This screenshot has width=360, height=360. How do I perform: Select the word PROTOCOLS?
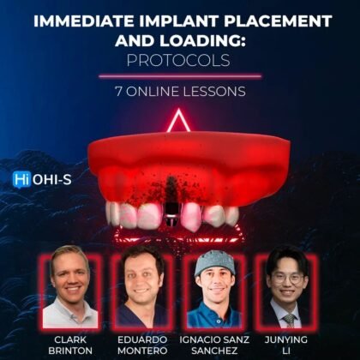tap(180, 61)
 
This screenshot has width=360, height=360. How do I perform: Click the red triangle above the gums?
tap(179, 123)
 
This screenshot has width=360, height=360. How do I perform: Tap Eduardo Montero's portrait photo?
tap(141, 286)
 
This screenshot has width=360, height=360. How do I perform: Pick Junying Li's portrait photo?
tap(289, 286)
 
